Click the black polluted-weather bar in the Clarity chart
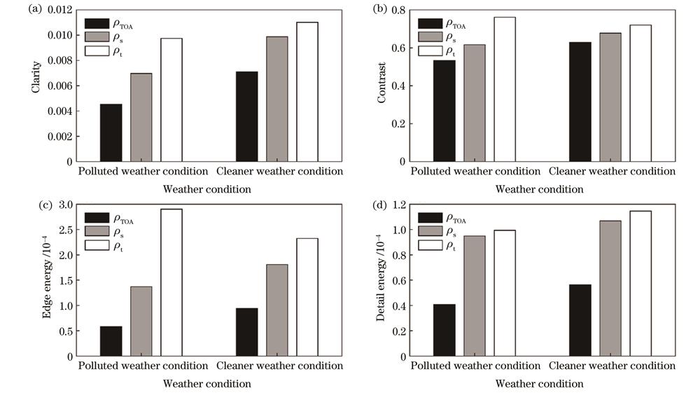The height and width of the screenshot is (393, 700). click(x=111, y=132)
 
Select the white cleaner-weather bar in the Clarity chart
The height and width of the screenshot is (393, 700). click(x=307, y=92)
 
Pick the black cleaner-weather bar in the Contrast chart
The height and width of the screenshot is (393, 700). click(x=580, y=102)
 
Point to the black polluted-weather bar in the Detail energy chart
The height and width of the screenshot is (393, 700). click(x=444, y=330)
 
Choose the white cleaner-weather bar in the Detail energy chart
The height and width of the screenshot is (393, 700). click(x=640, y=284)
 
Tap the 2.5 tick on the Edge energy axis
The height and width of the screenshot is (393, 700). click(x=64, y=230)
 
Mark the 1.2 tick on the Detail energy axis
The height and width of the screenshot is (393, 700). click(x=398, y=205)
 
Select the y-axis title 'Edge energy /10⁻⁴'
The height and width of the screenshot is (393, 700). click(x=46, y=280)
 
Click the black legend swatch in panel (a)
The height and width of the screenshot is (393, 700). click(x=97, y=22)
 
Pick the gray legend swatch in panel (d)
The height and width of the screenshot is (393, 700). click(x=430, y=231)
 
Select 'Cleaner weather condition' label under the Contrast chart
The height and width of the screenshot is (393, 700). click(x=612, y=171)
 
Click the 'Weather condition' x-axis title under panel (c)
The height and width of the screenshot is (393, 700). click(x=206, y=384)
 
